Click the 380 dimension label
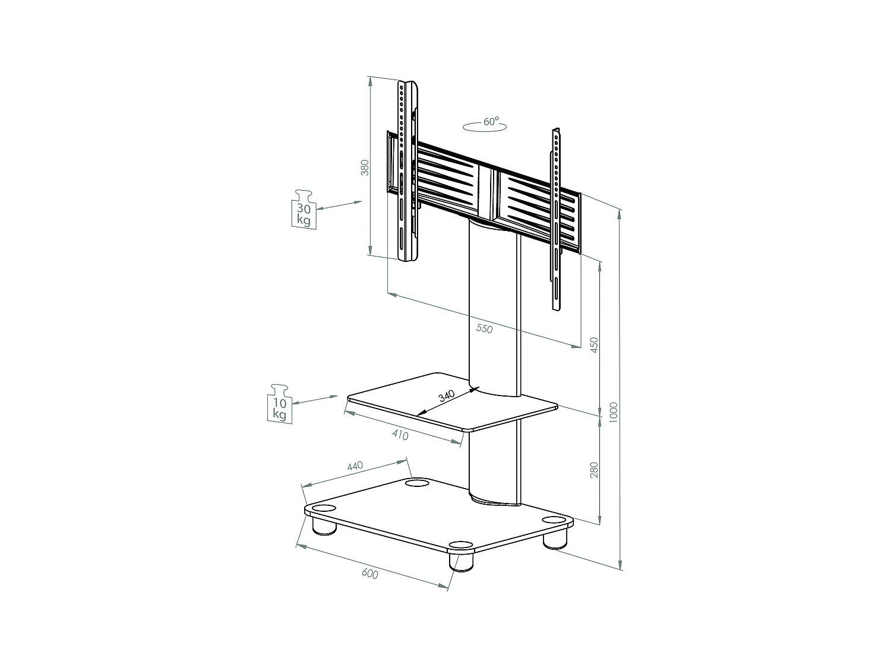click(x=365, y=167)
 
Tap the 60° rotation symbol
click(x=485, y=124)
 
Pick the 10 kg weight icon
click(x=280, y=403)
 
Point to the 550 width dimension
click(x=484, y=328)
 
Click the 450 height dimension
click(x=593, y=344)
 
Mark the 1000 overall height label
click(x=614, y=411)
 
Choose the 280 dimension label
click(x=593, y=470)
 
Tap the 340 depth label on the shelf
click(x=446, y=396)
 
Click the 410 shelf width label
click(x=400, y=435)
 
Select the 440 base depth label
click(x=355, y=467)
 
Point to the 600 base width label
click(x=369, y=574)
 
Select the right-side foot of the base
click(x=555, y=538)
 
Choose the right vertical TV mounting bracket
click(x=556, y=220)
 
